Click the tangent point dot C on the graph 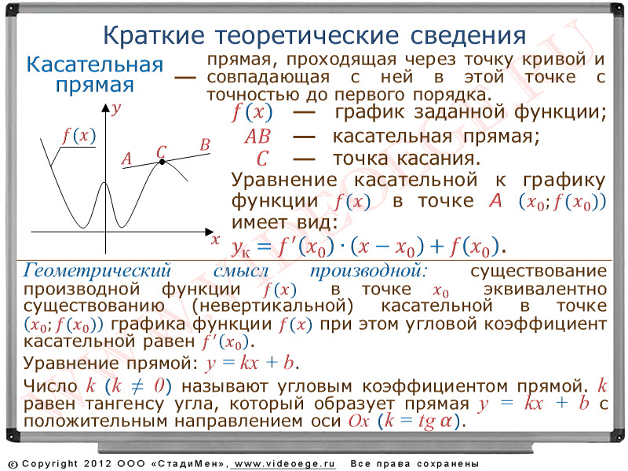click(x=162, y=162)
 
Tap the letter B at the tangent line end click(x=205, y=144)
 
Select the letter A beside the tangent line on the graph click(x=126, y=159)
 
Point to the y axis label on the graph click(x=116, y=108)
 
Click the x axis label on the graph click(x=215, y=240)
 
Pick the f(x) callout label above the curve click(x=79, y=136)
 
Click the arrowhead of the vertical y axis click(x=105, y=108)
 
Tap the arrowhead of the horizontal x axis click(x=210, y=232)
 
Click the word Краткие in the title click(x=154, y=35)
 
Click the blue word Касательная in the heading click(x=95, y=65)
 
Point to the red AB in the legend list click(x=257, y=137)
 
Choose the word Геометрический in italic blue click(x=97, y=271)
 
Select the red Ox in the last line click(x=359, y=421)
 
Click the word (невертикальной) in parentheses click(x=272, y=306)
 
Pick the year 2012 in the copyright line click(x=97, y=463)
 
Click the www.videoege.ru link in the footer click(x=284, y=464)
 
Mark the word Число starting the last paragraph click(x=50, y=386)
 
